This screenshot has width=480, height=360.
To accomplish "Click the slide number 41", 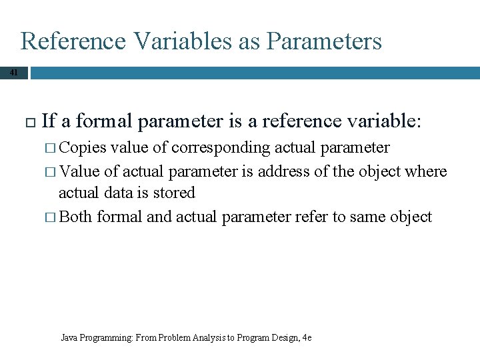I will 13,72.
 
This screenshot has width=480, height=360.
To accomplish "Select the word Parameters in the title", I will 324,41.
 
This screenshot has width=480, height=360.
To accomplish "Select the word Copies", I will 83,148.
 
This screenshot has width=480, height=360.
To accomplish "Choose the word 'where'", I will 426,171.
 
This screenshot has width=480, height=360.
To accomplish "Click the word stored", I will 172,193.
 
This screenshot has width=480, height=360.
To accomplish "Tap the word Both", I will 76,217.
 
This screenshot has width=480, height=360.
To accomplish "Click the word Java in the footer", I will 69,337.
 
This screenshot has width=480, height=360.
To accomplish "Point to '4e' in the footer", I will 307,337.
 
